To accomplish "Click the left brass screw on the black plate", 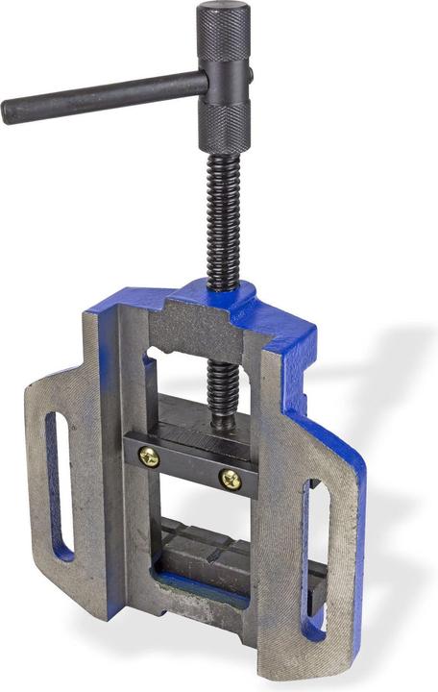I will (x=149, y=457).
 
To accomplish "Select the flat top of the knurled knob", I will (x=224, y=11).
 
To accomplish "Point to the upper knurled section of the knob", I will (x=224, y=43).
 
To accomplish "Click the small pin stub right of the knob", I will (x=250, y=74).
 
